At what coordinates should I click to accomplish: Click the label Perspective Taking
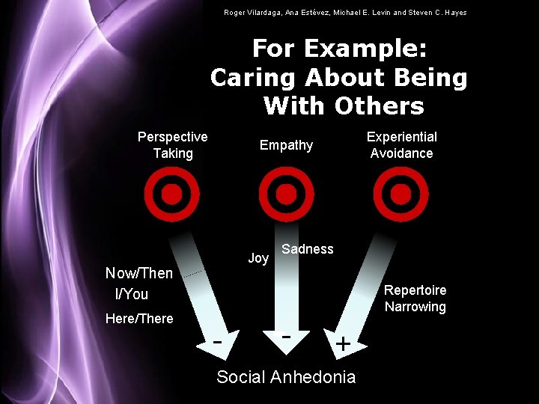coord(173,145)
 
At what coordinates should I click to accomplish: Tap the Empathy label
coord(286,145)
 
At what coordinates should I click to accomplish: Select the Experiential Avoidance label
coord(401,145)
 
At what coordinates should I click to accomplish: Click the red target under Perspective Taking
coord(172,195)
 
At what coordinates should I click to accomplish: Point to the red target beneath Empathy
coord(286,195)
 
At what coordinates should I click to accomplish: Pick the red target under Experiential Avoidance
coord(401,195)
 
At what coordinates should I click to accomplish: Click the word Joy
coord(258,258)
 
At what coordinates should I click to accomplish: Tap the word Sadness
coord(308,249)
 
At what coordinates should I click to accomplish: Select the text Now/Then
coord(139,273)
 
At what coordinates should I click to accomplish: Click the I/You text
coord(132,294)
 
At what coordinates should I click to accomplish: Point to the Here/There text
coord(139,319)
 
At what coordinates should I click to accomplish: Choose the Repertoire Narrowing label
coord(415,299)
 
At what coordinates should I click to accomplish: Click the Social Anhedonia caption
coord(286,376)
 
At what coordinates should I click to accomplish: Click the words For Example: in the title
coord(339,49)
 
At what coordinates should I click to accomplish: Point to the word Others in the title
coord(380,105)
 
